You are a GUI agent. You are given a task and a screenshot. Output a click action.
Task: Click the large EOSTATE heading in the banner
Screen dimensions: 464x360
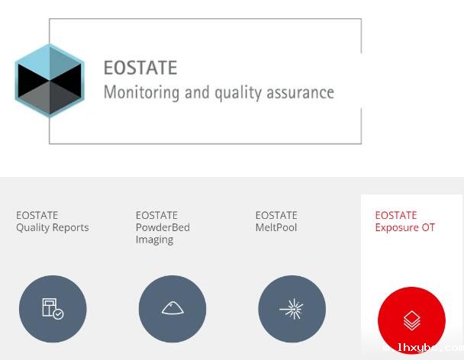click(x=140, y=68)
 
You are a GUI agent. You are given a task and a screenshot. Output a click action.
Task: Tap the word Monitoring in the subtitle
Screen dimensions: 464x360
click(x=141, y=92)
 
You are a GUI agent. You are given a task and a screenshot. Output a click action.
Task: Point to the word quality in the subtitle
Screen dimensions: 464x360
click(x=238, y=93)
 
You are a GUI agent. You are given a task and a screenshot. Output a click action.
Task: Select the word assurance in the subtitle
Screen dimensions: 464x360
click(x=301, y=92)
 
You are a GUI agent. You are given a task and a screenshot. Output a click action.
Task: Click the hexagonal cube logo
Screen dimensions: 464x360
click(x=50, y=80)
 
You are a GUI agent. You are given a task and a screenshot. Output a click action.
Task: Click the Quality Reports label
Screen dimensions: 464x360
click(x=53, y=227)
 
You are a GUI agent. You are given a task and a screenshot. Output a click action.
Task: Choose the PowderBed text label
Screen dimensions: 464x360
click(x=163, y=227)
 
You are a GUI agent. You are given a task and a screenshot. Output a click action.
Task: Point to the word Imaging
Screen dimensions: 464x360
click(x=154, y=240)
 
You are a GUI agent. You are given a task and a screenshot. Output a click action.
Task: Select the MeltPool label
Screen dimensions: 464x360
click(x=276, y=227)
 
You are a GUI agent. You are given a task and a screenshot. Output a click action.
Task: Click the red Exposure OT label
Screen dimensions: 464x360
click(x=404, y=227)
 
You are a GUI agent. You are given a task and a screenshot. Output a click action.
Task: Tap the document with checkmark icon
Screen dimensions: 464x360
click(x=53, y=309)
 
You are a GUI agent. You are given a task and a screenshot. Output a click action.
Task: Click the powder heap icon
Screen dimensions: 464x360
click(x=172, y=308)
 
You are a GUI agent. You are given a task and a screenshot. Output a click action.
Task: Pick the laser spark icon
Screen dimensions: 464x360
click(x=292, y=309)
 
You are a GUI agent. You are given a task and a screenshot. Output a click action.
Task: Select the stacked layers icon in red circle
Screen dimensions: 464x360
click(x=411, y=320)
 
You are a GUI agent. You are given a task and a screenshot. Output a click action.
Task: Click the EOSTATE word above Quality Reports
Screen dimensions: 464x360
click(x=37, y=215)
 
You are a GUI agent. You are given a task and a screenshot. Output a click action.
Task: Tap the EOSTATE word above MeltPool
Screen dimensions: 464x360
click(x=276, y=215)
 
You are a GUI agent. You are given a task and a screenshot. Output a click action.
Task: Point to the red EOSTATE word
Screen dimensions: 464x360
click(x=396, y=215)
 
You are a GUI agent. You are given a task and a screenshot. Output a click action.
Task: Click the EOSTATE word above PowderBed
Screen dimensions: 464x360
click(x=156, y=215)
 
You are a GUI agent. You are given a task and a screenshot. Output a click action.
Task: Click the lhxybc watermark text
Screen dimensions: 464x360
click(x=426, y=348)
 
